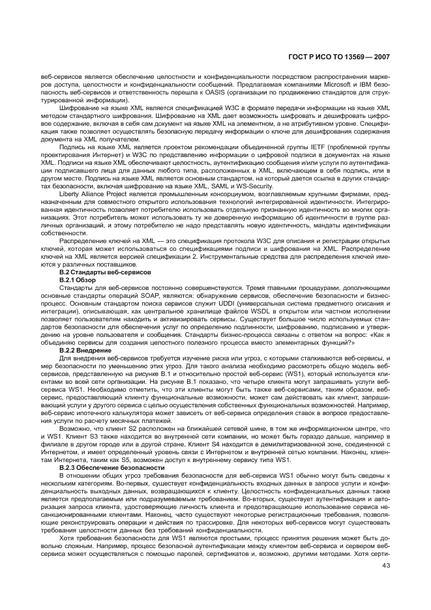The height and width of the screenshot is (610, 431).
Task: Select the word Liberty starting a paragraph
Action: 71,195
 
